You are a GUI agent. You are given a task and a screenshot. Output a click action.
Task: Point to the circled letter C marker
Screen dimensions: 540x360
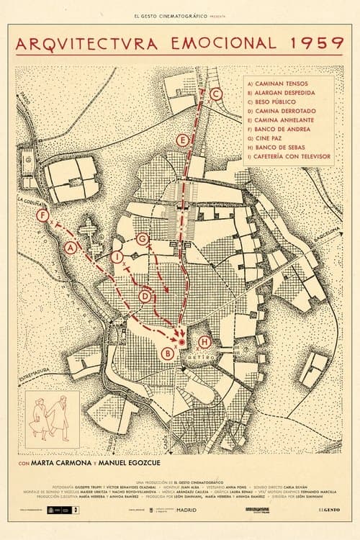tap(217, 93)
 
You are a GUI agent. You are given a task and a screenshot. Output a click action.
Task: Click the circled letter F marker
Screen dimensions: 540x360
tap(45, 215)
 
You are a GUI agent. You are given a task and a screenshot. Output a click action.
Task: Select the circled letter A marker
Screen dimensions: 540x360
tap(71, 248)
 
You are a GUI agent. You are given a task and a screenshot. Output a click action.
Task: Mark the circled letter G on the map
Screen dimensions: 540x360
tap(142, 238)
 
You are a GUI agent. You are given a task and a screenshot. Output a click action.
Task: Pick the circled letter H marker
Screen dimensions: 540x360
tap(204, 342)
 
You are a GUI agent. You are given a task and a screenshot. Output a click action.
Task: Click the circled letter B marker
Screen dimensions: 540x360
tap(168, 353)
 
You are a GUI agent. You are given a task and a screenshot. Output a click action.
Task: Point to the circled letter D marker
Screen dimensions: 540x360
tap(145, 296)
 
